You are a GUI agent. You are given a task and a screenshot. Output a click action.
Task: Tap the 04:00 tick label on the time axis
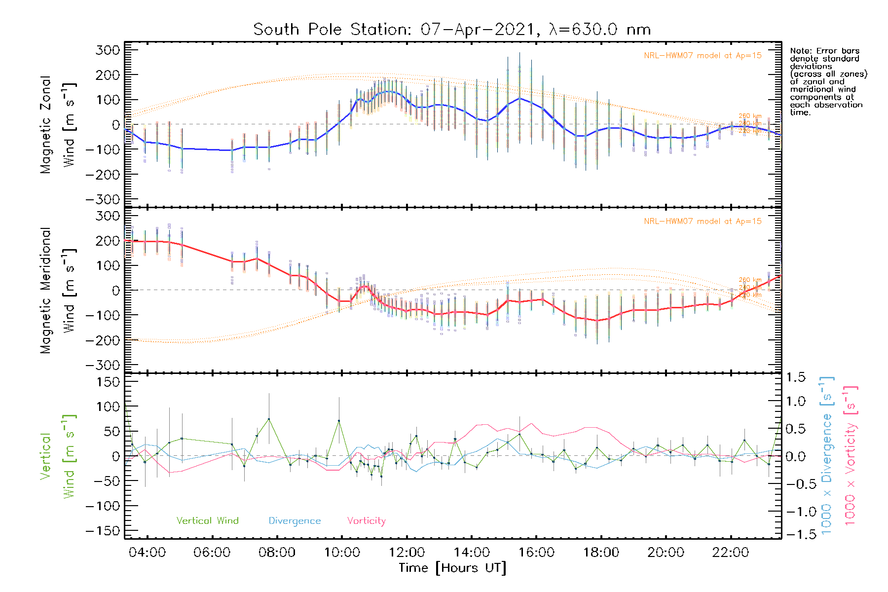click(147, 553)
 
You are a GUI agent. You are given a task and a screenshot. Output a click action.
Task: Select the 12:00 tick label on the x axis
click(407, 553)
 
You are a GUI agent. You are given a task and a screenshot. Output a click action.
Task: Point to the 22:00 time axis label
click(731, 553)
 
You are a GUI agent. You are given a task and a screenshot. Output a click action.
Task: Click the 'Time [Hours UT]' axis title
click(452, 568)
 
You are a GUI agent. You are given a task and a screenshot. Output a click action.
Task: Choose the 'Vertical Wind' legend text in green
click(207, 521)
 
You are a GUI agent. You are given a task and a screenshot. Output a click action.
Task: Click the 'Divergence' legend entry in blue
click(295, 521)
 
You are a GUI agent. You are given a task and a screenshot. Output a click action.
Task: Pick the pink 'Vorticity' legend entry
click(366, 521)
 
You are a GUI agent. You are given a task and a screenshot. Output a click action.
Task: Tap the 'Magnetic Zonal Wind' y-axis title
click(58, 125)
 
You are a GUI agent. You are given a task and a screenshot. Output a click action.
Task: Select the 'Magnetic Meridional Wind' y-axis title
click(58, 291)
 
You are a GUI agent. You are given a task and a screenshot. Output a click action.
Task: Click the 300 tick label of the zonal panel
click(108, 50)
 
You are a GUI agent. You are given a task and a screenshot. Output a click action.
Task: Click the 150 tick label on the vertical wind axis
click(108, 382)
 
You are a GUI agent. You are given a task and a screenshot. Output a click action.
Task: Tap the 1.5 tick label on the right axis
click(796, 377)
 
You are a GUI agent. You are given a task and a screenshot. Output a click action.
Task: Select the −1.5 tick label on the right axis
click(796, 534)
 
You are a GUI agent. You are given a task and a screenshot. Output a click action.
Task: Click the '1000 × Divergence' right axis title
click(827, 455)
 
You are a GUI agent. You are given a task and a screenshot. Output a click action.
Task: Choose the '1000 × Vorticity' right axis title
click(850, 455)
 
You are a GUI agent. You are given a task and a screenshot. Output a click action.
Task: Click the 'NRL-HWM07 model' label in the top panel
click(703, 56)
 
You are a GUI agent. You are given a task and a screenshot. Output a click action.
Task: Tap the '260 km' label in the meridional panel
click(750, 280)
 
